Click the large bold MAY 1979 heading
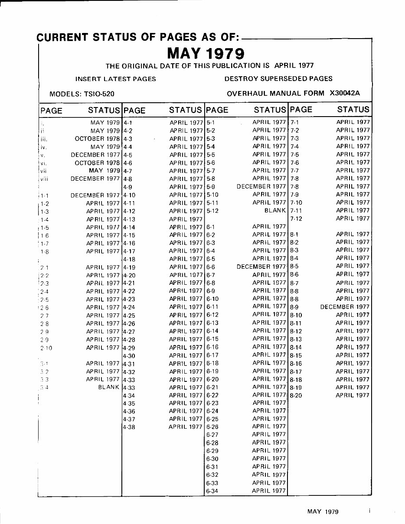pyautogui.click(x=206, y=54)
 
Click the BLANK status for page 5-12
pyautogui.click(x=275, y=210)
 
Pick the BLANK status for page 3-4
pyautogui.click(x=109, y=387)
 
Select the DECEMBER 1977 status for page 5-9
pyautogui.click(x=261, y=186)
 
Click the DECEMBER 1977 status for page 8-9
pyautogui.click(x=345, y=307)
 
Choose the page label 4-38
pyautogui.click(x=129, y=427)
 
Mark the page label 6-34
pyautogui.click(x=212, y=491)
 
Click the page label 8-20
pyautogui.click(x=296, y=395)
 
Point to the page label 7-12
pyautogui.click(x=296, y=218)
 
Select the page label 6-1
pyautogui.click(x=211, y=227)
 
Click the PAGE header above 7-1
pyautogui.click(x=301, y=110)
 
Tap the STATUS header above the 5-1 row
pyautogui.click(x=270, y=110)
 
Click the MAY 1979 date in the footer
pyautogui.click(x=323, y=511)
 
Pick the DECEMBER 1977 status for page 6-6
pyautogui.click(x=261, y=267)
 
